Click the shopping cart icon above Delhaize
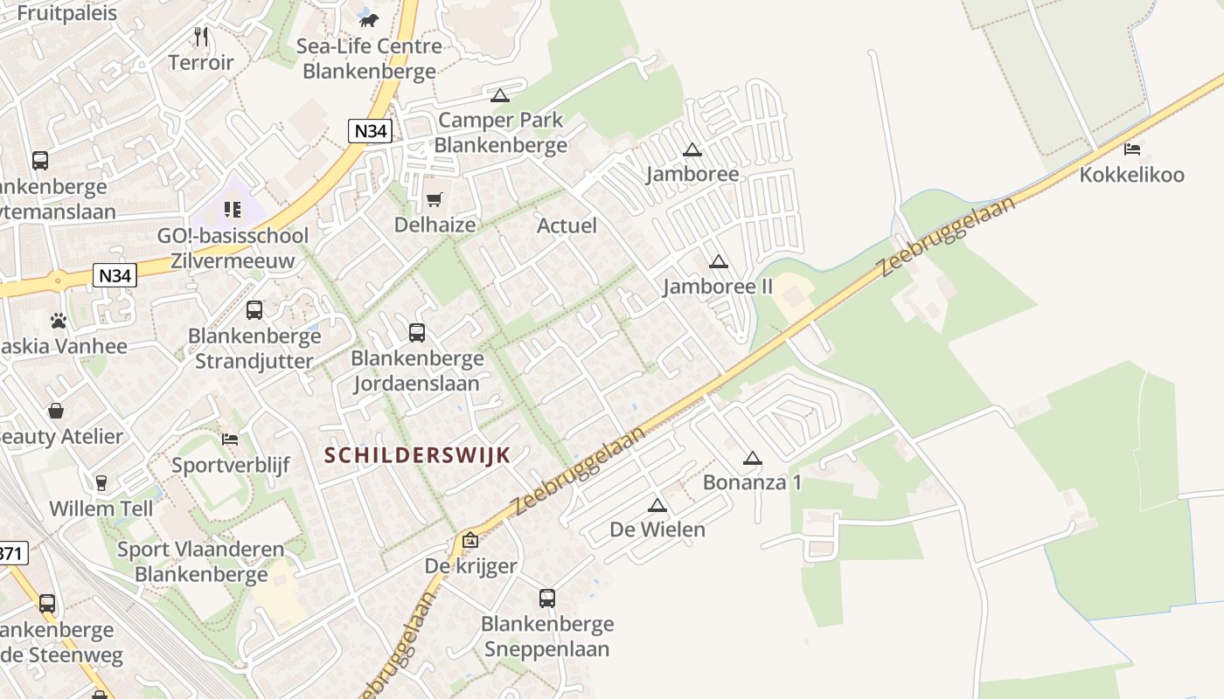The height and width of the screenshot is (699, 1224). point(434,199)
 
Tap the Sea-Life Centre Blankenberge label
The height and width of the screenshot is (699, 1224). point(369,58)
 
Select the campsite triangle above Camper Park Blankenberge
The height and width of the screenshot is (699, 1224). point(500,95)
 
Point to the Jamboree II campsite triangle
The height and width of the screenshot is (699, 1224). point(719,261)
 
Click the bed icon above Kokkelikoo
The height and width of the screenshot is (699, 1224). point(1132,149)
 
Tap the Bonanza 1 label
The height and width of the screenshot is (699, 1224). point(752,481)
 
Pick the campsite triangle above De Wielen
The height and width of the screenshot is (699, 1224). point(657,505)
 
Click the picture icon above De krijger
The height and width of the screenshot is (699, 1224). point(470,541)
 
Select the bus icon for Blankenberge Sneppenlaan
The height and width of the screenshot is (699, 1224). point(547,599)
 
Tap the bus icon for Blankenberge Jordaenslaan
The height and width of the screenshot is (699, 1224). point(417,333)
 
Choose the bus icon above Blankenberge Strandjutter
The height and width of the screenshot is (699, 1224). point(254,310)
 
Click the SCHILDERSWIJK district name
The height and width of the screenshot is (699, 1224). point(417,455)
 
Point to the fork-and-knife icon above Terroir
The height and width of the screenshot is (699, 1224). point(201,37)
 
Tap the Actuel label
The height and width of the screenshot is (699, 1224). point(567,225)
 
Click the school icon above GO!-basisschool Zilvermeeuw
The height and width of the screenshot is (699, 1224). point(233,210)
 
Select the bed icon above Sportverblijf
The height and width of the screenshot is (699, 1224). point(230,439)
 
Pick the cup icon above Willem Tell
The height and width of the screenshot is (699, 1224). point(101,482)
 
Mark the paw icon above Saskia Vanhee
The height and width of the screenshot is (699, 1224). point(59,321)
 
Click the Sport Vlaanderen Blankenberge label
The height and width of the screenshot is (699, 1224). point(201,562)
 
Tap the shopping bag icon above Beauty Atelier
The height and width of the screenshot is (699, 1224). point(56,411)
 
